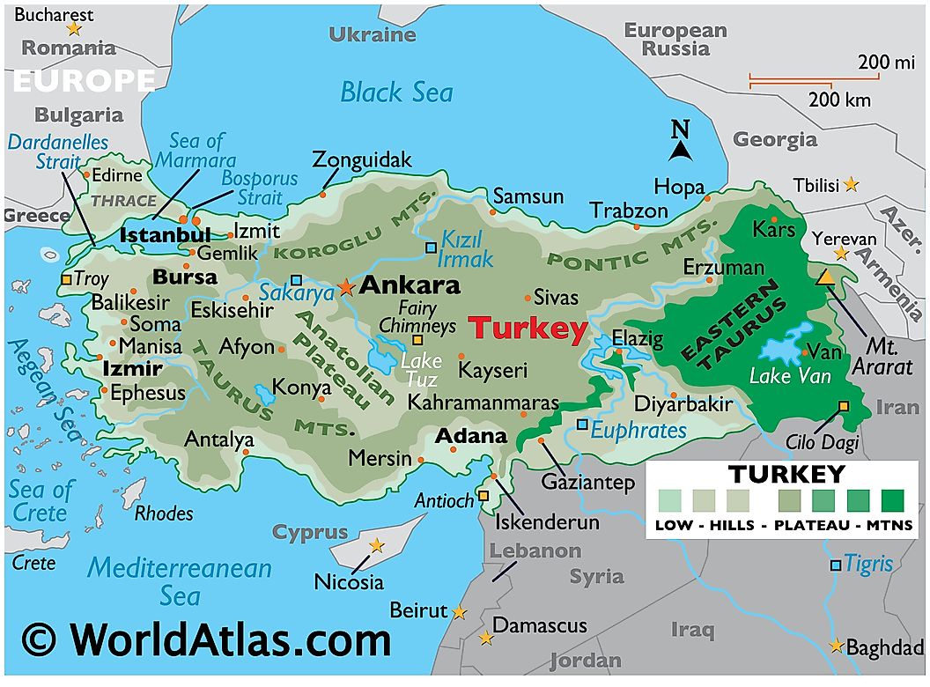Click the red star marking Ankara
point(345,287)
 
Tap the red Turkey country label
point(527,329)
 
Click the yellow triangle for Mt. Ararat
point(826,277)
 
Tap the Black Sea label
point(396,92)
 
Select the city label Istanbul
point(165,235)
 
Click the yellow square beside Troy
point(67,279)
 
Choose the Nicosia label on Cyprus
point(349,582)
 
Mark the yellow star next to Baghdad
point(835,646)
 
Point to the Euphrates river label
point(638,430)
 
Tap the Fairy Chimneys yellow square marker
point(418,340)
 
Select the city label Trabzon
point(629,211)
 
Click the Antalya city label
point(218,439)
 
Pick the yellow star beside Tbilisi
point(851,185)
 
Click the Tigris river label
point(868,564)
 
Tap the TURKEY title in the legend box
point(786,475)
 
